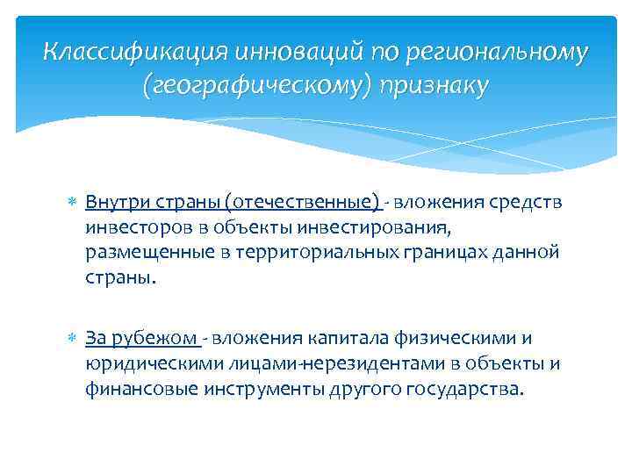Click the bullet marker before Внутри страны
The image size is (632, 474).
point(72,204)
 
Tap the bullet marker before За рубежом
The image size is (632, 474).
point(72,339)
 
